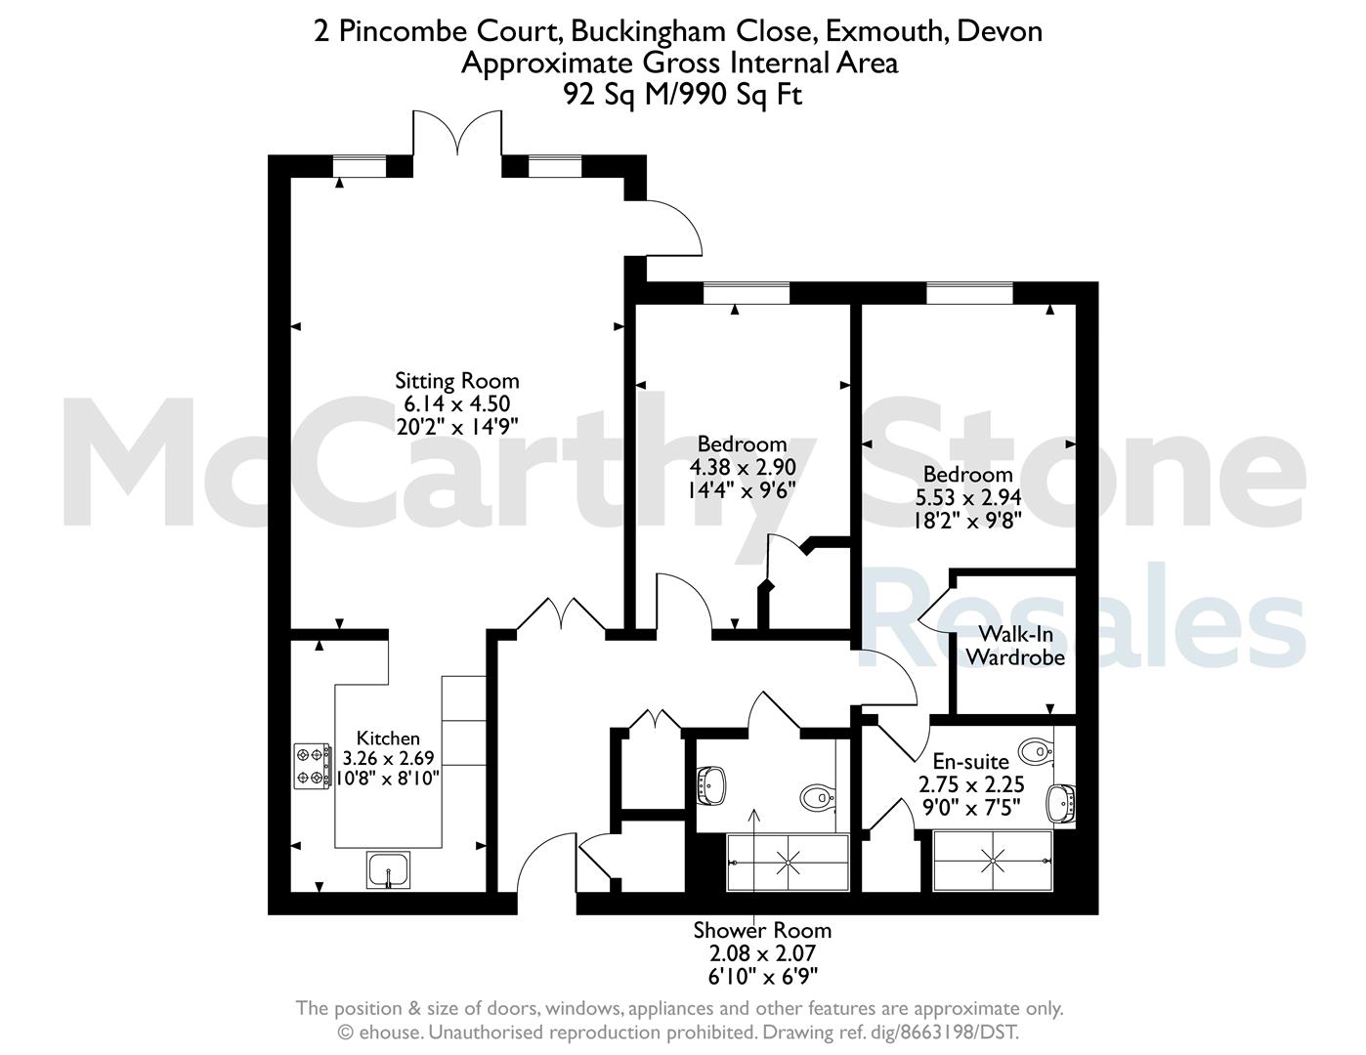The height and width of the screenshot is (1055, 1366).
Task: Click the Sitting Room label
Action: click(x=457, y=381)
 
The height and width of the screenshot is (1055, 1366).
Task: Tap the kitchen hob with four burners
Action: click(x=313, y=766)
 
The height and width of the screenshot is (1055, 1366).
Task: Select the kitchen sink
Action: click(x=389, y=869)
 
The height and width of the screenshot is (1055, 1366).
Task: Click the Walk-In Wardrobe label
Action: click(x=1015, y=646)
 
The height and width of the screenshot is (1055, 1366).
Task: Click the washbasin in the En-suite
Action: click(x=1061, y=804)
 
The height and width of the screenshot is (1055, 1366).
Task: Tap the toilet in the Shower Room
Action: click(x=818, y=798)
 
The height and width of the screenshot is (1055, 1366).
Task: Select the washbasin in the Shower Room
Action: click(x=711, y=784)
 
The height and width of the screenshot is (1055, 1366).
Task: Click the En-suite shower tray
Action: click(x=993, y=861)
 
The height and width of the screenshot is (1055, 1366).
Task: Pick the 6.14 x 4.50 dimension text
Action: click(x=457, y=404)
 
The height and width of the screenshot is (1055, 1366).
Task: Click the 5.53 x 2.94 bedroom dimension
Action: click(x=968, y=497)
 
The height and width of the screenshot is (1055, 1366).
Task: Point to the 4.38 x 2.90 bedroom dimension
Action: click(x=743, y=468)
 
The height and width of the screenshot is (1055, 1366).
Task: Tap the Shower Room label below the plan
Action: click(x=762, y=931)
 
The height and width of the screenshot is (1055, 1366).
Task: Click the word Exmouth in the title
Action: click(x=887, y=31)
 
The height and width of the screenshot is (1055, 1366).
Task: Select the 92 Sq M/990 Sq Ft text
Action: click(x=683, y=95)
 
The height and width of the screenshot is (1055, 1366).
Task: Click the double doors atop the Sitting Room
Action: click(x=457, y=133)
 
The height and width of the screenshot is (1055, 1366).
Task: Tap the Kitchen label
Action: click(x=388, y=738)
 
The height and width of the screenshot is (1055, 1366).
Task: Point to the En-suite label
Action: click(x=970, y=762)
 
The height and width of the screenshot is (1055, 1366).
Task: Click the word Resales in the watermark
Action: click(x=1082, y=616)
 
